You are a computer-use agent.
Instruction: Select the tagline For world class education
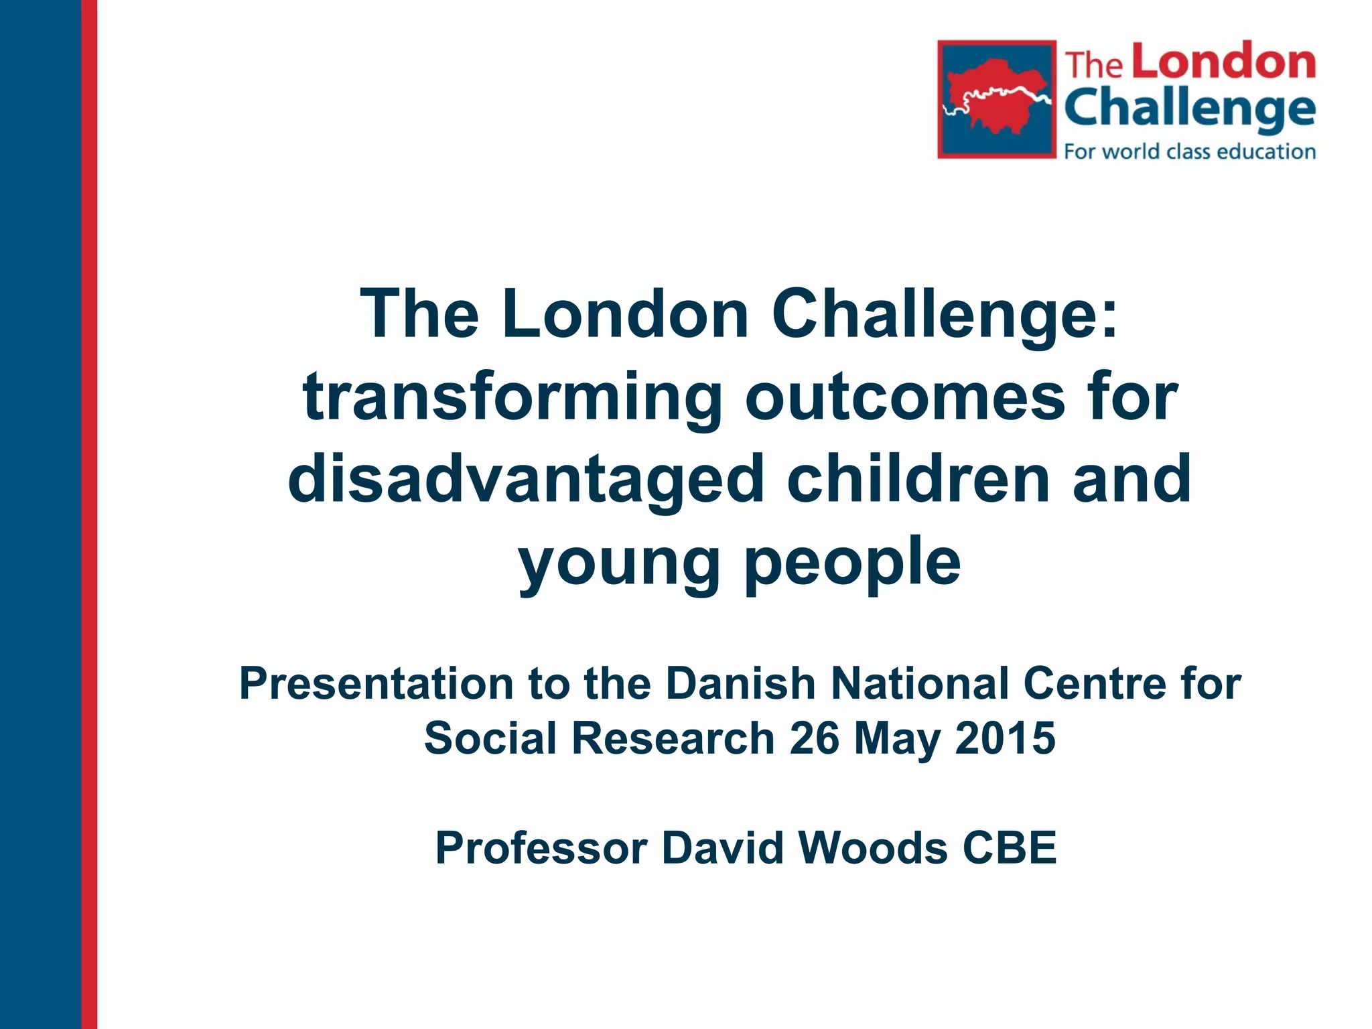click(x=1190, y=151)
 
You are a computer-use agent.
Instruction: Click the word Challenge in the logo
click(x=1190, y=109)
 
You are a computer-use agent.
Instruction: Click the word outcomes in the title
click(x=904, y=398)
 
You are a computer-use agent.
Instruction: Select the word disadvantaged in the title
click(x=526, y=480)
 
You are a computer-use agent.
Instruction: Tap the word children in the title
click(x=918, y=478)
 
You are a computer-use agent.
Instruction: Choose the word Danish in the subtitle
click(x=740, y=684)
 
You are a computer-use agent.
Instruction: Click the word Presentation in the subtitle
click(x=376, y=684)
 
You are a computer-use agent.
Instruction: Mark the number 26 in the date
click(x=814, y=738)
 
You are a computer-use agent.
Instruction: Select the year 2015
click(x=1005, y=738)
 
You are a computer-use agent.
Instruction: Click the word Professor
click(x=541, y=848)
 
